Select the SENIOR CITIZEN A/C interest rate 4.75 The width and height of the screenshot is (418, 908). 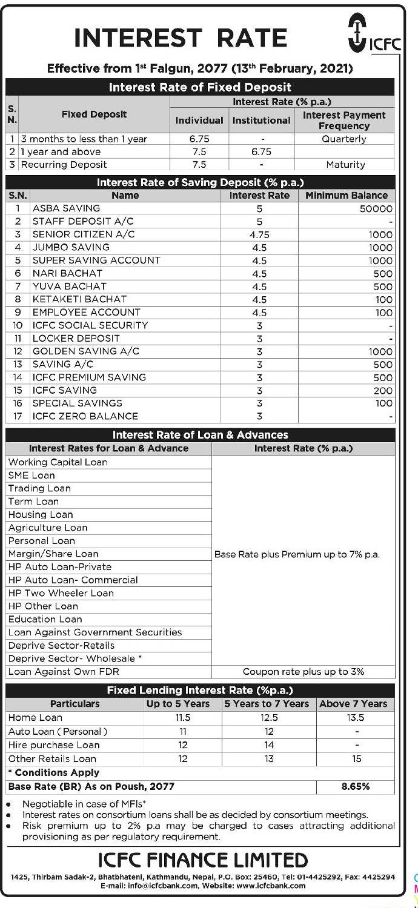(x=259, y=234)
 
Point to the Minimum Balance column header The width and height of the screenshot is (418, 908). (x=347, y=196)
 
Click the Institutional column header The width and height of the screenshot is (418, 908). (x=262, y=121)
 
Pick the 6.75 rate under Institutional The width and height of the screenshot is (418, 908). (x=261, y=152)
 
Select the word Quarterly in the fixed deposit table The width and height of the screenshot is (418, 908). (x=344, y=139)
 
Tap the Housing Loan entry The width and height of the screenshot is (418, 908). (x=41, y=515)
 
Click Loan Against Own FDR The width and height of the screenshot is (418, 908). (x=64, y=672)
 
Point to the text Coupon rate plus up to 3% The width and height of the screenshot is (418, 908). (x=304, y=672)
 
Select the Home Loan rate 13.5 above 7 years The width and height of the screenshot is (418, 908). (x=356, y=718)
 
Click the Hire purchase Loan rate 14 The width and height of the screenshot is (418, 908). (x=268, y=745)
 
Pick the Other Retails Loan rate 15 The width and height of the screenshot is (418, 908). (x=356, y=759)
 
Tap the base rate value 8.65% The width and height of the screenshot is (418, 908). (x=356, y=787)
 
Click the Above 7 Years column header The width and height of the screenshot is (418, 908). (x=353, y=704)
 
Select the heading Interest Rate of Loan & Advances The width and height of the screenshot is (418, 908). (x=201, y=435)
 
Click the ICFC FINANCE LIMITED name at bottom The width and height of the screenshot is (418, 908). (x=203, y=860)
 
